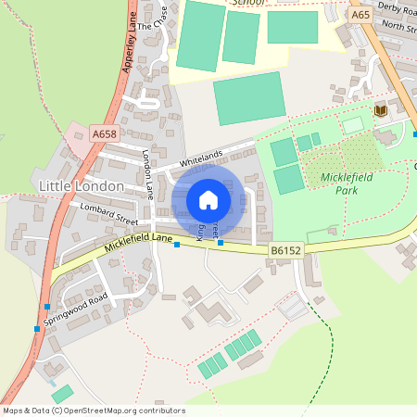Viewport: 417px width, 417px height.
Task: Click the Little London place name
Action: [x=82, y=186]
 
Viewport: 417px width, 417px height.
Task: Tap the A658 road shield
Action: [x=105, y=134]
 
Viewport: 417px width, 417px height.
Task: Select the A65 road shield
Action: [x=360, y=15]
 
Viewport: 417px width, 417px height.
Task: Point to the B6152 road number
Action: [x=286, y=250]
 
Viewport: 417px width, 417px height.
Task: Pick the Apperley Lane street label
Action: [x=130, y=46]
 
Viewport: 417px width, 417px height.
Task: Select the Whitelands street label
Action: [x=201, y=159]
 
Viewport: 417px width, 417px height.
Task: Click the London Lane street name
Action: [x=147, y=175]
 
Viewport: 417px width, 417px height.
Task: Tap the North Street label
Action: [x=398, y=27]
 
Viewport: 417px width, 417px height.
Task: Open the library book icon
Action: [x=380, y=111]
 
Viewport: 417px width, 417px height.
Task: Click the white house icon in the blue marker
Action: [x=208, y=200]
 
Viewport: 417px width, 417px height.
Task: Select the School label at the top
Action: [x=247, y=3]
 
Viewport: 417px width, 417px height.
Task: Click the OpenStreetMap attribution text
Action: [x=93, y=411]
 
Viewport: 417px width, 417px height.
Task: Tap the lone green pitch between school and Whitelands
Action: [x=249, y=97]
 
